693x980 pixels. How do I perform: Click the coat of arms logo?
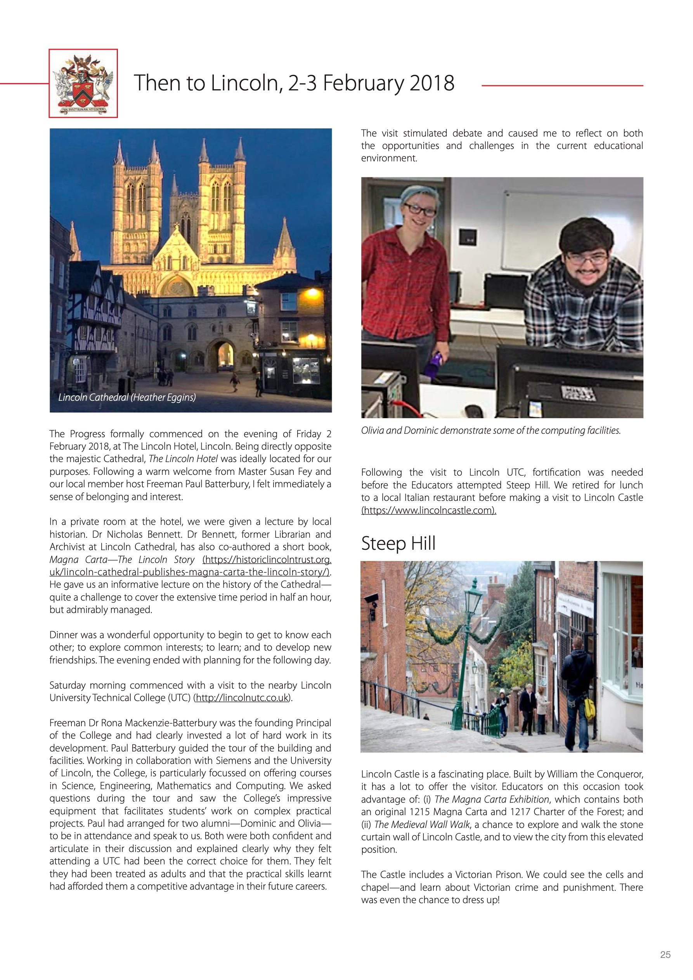click(x=83, y=83)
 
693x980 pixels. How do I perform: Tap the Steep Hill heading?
click(x=398, y=544)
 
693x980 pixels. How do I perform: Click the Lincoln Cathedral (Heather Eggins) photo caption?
click(x=127, y=397)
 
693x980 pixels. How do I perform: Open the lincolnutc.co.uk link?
click(x=242, y=698)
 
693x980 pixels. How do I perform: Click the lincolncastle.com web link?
click(x=428, y=510)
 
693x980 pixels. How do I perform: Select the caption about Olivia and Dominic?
click(x=490, y=430)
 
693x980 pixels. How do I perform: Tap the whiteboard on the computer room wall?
click(x=572, y=226)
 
